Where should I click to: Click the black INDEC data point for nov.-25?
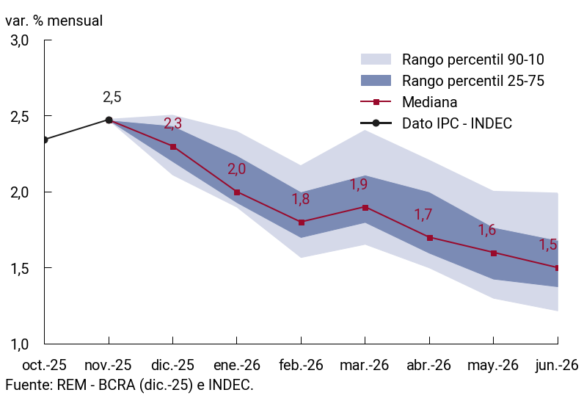109,120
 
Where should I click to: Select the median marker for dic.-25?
173,147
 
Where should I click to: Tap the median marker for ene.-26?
237,192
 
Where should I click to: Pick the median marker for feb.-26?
302,222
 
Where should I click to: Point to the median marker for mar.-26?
365,207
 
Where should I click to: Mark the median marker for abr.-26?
430,237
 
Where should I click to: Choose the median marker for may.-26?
494,253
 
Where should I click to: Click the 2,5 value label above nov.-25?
112,97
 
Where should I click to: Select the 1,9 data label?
359,185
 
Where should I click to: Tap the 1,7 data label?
423,215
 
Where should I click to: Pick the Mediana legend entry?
429,102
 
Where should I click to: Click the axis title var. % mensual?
54,20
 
